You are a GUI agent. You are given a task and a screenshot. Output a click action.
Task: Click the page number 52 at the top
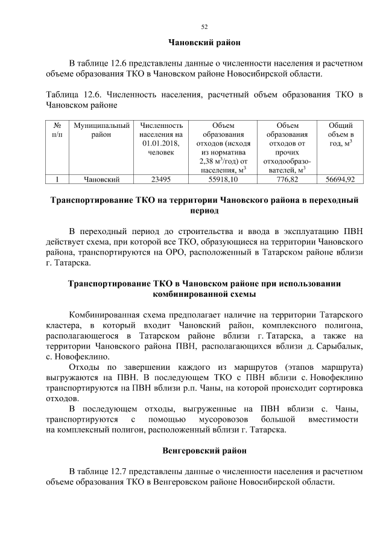[204, 27]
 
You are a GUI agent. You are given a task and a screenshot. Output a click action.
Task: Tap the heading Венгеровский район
[203, 451]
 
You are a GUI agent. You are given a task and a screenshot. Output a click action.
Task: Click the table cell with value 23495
[160, 179]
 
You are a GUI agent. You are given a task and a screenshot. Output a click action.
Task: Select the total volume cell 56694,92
[340, 179]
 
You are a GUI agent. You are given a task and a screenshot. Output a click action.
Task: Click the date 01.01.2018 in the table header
[160, 143]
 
